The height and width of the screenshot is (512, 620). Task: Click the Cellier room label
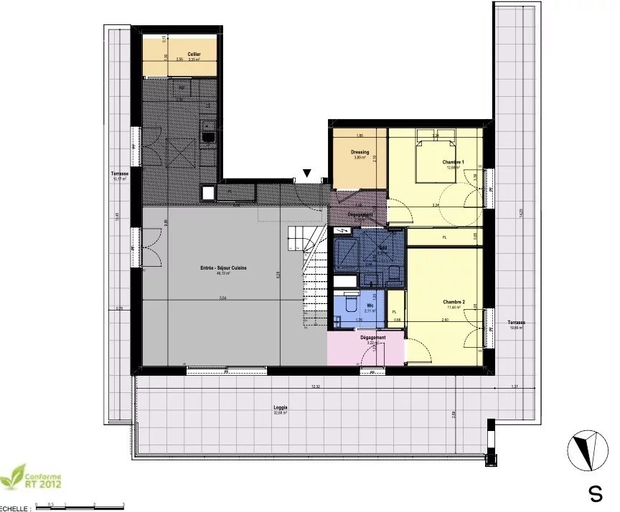click(x=194, y=54)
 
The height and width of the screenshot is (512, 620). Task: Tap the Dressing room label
click(x=360, y=152)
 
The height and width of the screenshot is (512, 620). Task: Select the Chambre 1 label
click(x=453, y=163)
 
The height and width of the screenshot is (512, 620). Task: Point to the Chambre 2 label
click(x=454, y=302)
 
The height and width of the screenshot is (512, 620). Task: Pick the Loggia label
click(x=281, y=407)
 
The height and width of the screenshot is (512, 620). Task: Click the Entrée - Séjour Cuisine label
click(x=224, y=267)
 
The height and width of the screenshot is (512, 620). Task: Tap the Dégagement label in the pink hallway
click(x=372, y=337)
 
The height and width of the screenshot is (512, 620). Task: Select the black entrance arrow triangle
click(x=307, y=173)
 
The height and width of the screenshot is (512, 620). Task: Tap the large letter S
click(x=595, y=494)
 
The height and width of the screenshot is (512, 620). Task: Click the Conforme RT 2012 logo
click(x=32, y=477)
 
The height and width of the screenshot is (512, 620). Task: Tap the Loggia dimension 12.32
click(x=314, y=388)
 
